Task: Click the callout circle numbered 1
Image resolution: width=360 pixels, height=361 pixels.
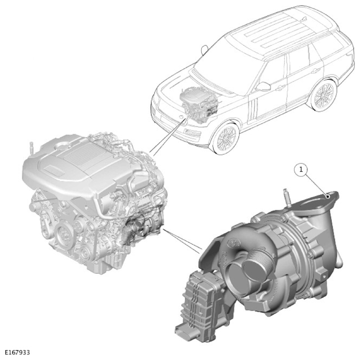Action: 301,170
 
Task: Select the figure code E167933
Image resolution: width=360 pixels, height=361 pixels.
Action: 17,352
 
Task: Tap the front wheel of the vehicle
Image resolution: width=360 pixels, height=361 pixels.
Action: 225,138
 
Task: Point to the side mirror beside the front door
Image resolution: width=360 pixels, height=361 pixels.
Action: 263,87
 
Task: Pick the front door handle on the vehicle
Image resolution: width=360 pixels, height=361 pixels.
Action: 280,87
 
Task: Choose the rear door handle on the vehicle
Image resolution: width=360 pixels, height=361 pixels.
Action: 315,70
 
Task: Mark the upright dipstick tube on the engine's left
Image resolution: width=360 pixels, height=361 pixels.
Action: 32,149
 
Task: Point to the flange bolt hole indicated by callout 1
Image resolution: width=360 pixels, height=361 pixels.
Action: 329,197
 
